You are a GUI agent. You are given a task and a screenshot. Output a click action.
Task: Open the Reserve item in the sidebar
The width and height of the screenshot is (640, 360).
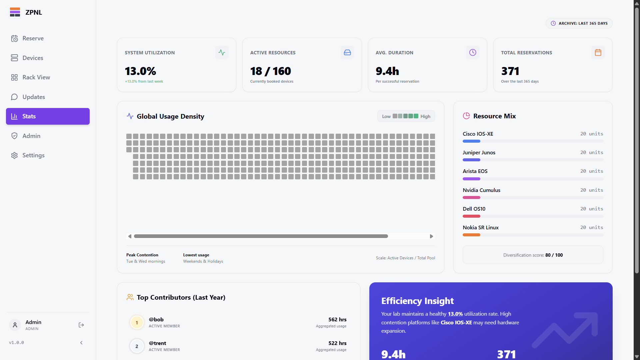click(33, 38)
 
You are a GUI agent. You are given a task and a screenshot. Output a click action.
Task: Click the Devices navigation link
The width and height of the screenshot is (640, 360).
click(33, 58)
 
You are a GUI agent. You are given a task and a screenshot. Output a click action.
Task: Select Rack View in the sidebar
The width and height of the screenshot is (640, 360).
click(36, 77)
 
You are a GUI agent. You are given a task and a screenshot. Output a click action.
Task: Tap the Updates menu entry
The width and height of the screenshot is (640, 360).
click(33, 97)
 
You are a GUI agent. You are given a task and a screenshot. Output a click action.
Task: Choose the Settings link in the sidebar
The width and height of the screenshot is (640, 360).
click(33, 155)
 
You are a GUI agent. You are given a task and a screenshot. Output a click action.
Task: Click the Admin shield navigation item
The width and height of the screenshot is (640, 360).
click(31, 136)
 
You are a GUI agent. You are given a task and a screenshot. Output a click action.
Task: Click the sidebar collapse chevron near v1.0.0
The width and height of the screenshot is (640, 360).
click(81, 343)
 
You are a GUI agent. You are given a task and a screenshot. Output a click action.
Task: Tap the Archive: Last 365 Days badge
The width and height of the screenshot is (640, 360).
click(579, 23)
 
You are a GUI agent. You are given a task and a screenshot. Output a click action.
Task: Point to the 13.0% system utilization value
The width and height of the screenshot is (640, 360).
click(140, 71)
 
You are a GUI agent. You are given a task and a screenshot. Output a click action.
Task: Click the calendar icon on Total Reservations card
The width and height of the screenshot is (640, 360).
click(598, 53)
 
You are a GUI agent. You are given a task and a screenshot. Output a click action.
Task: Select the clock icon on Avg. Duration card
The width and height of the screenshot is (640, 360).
click(473, 53)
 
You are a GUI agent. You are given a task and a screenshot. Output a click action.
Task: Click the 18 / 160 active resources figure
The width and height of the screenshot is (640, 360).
click(270, 71)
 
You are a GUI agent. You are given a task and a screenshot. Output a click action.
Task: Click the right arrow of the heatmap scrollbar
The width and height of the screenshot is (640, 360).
click(431, 236)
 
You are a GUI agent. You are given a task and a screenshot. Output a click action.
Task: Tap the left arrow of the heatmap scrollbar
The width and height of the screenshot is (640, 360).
click(130, 236)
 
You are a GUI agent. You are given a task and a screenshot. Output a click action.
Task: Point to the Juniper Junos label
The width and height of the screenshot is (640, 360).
click(479, 153)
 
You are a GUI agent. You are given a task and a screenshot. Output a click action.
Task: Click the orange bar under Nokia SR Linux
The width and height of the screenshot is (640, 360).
click(471, 235)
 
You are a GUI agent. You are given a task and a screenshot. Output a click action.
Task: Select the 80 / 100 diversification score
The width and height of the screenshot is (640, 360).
click(554, 255)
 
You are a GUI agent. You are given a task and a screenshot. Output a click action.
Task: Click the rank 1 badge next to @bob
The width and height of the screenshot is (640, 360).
click(137, 323)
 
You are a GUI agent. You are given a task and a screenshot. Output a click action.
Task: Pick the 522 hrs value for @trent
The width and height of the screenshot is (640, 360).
click(337, 343)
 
